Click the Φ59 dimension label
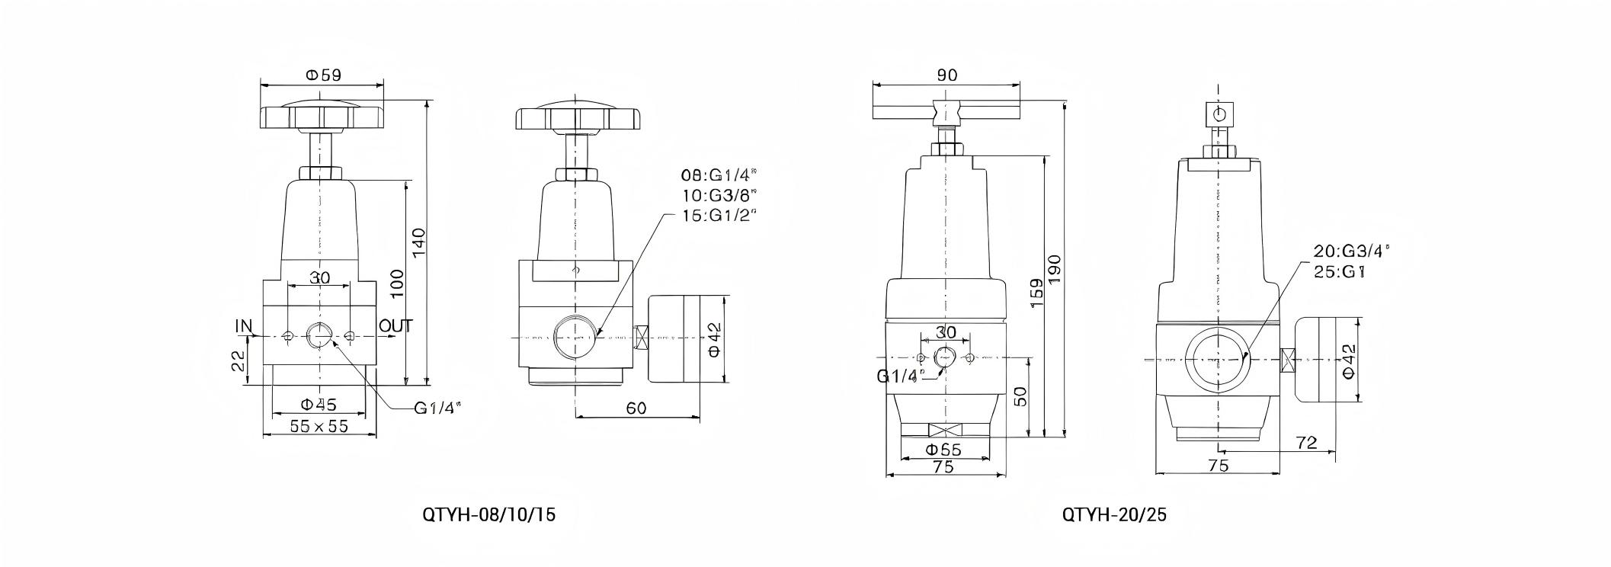(x=323, y=75)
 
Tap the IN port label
(x=243, y=327)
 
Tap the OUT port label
(x=396, y=326)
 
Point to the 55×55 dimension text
(x=319, y=426)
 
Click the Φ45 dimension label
(x=319, y=404)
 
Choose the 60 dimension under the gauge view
(x=636, y=408)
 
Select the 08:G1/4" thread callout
(x=719, y=175)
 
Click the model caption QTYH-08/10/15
(x=488, y=514)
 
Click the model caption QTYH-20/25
(x=1114, y=514)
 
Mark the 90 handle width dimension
(x=946, y=75)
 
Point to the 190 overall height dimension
(x=1055, y=268)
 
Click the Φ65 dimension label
(x=943, y=450)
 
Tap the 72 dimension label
(x=1306, y=442)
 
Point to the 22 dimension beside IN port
(x=238, y=360)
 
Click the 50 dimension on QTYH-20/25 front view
(x=1021, y=396)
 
